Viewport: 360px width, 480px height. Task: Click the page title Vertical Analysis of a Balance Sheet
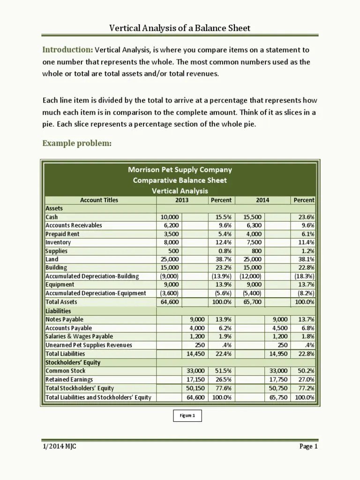(x=180, y=28)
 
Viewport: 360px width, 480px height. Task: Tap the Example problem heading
(x=77, y=143)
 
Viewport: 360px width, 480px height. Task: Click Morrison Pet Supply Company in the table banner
(x=180, y=170)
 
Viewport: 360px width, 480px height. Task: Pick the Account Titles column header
(x=99, y=200)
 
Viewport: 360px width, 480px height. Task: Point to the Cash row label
(x=52, y=217)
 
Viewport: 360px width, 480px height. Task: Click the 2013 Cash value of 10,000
(x=169, y=217)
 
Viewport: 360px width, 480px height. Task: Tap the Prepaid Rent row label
(x=62, y=234)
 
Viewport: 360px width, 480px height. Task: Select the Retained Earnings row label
(x=69, y=379)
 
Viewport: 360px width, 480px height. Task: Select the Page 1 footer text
(x=308, y=446)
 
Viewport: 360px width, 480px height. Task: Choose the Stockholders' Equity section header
(x=73, y=362)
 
